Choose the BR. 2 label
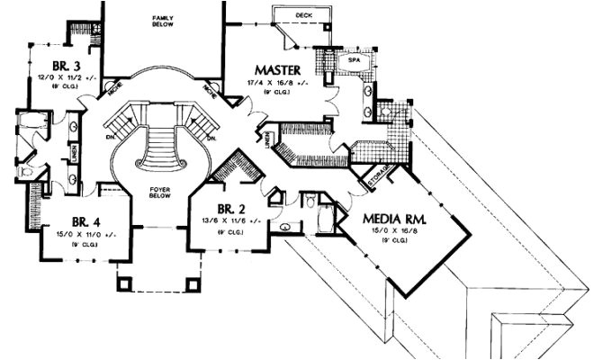click(x=225, y=206)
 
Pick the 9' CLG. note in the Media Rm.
click(x=392, y=240)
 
